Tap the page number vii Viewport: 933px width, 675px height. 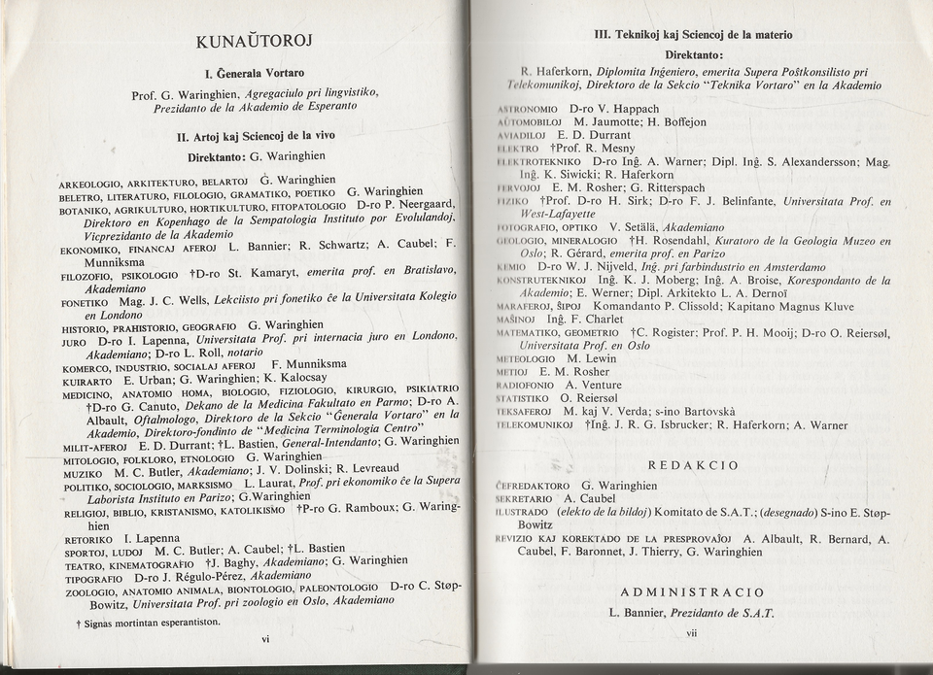click(692, 633)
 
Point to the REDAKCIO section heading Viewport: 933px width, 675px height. click(693, 465)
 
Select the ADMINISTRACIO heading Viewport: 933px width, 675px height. click(692, 591)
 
